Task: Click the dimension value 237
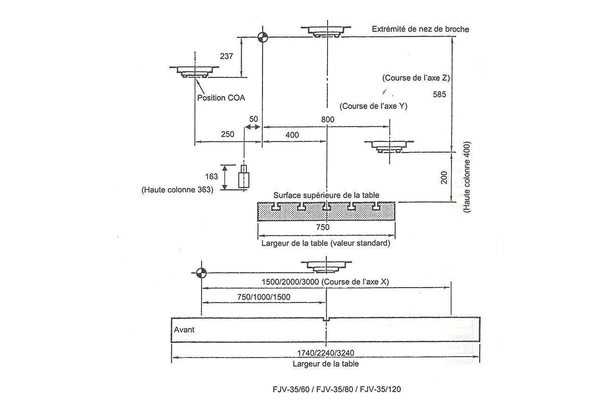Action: click(227, 56)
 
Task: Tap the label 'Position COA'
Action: click(221, 98)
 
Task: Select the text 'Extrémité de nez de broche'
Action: click(420, 29)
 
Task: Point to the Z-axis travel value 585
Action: click(439, 94)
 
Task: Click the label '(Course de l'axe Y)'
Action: click(373, 106)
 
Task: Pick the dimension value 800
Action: click(327, 120)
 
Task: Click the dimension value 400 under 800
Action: click(292, 135)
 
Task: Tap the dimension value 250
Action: click(227, 134)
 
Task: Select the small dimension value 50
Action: click(253, 119)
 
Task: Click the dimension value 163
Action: click(212, 176)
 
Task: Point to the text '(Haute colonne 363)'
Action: click(177, 190)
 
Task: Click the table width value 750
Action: click(323, 227)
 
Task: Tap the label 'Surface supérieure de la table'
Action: click(326, 195)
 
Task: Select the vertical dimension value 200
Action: click(444, 177)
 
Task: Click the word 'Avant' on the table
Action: click(184, 330)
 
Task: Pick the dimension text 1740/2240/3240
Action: click(325, 352)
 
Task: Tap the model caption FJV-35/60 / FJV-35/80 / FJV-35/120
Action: click(336, 389)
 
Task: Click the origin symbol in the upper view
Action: click(262, 37)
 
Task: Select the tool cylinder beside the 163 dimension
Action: click(244, 178)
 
